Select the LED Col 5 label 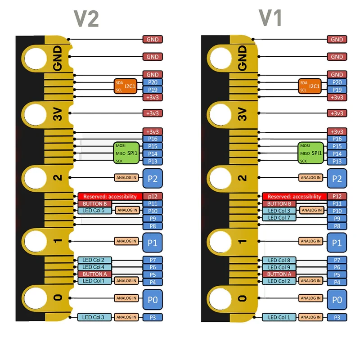coord(94,211)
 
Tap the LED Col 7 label coord(279,218)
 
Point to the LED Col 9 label coord(279,267)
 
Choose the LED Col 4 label coord(94,267)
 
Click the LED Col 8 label coord(279,260)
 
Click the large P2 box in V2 coord(153,178)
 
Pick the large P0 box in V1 coord(337,299)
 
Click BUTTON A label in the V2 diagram coord(94,274)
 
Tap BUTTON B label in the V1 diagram coord(279,204)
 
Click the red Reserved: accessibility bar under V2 coord(108,197)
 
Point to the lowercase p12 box coord(153,196)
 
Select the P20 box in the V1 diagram coord(337,82)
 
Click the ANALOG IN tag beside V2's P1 coord(126,241)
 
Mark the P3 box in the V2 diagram coord(153,318)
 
